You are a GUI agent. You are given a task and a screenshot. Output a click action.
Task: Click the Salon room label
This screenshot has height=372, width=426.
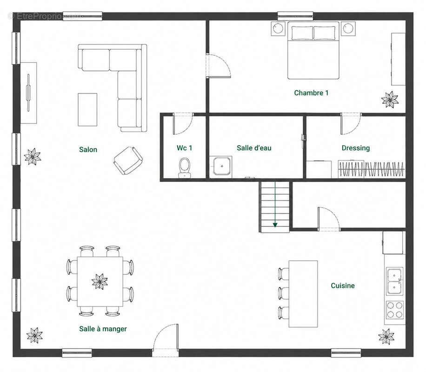pyautogui.click(x=88, y=149)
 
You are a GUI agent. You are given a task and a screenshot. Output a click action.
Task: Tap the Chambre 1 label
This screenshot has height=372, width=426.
pyautogui.click(x=311, y=93)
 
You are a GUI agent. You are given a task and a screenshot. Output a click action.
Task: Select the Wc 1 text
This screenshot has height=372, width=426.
pyautogui.click(x=184, y=148)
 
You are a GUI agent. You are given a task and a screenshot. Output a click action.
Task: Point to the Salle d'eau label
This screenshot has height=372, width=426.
pyautogui.click(x=254, y=148)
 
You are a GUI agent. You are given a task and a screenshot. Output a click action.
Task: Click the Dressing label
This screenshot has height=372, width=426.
pyautogui.click(x=356, y=148)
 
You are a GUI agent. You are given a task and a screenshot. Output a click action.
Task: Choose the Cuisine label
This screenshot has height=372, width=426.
pyautogui.click(x=343, y=286)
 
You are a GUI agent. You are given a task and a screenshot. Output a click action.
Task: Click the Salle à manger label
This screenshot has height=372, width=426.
pyautogui.click(x=103, y=329)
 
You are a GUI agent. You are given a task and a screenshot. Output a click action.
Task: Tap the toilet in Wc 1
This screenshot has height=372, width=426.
pyautogui.click(x=185, y=167)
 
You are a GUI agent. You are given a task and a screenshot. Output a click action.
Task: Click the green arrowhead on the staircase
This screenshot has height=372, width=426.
pyautogui.click(x=275, y=225)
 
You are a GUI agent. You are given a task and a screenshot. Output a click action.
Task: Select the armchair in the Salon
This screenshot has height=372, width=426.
pyautogui.click(x=128, y=160)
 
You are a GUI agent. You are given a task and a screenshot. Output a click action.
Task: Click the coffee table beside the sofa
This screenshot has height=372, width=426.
pyautogui.click(x=87, y=110)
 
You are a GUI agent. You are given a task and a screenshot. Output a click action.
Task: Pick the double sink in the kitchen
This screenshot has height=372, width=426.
pyautogui.click(x=394, y=281)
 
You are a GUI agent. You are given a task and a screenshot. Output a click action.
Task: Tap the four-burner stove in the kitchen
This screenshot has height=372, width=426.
pyautogui.click(x=394, y=310)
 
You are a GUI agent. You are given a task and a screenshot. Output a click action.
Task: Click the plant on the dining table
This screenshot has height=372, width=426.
pyautogui.click(x=100, y=281)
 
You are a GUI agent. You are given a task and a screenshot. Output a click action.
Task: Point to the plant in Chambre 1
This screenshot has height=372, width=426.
pyautogui.click(x=390, y=100)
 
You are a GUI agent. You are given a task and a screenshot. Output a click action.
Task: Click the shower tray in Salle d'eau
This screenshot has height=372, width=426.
pyautogui.click(x=222, y=166)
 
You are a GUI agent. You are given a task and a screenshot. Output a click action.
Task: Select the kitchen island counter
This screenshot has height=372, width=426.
pyautogui.click(x=303, y=294)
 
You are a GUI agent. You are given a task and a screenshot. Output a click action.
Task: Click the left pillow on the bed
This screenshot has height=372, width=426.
pyautogui.click(x=302, y=33)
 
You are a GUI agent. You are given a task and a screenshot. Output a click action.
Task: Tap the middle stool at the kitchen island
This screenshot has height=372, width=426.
pyautogui.click(x=284, y=293)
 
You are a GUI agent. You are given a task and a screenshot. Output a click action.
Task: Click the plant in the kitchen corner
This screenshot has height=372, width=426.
pyautogui.click(x=386, y=337)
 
